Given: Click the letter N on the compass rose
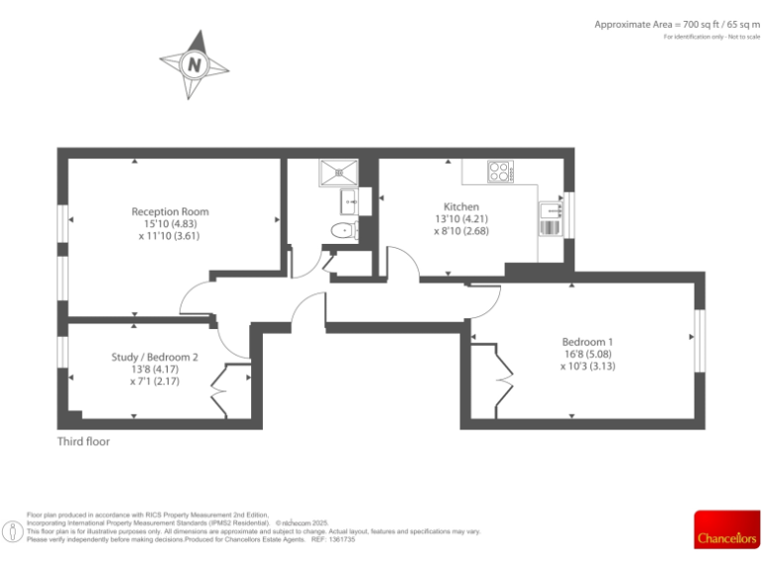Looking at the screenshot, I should (193, 65).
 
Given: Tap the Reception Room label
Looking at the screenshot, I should (170, 211).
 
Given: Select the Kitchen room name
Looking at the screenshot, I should (461, 206).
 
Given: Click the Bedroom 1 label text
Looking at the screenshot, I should (587, 342).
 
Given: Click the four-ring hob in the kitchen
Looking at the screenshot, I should (500, 171).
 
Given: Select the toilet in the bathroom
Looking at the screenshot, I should (342, 231).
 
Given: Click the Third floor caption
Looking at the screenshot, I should (83, 441).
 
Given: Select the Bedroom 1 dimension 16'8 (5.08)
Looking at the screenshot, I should (587, 354).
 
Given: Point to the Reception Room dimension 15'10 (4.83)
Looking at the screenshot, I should (170, 223).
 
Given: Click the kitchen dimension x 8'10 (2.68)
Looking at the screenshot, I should (461, 230).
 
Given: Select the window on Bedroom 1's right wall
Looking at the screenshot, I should (698, 338).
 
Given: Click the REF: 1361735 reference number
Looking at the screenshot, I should (332, 539).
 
